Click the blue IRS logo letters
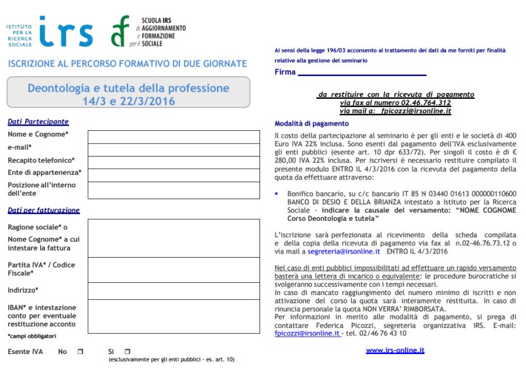[65, 32]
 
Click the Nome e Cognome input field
[174, 137]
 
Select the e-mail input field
[174, 150]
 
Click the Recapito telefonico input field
[174, 162]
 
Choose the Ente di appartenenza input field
[174, 175]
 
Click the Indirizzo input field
[174, 290]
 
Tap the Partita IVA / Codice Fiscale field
[174, 269]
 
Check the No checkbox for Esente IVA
[81, 352]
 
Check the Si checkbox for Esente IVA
[127, 352]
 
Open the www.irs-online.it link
[395, 351]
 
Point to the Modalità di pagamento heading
[312, 124]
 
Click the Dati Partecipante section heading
[38, 122]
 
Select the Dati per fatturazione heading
[44, 210]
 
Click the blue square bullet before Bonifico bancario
[276, 192]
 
